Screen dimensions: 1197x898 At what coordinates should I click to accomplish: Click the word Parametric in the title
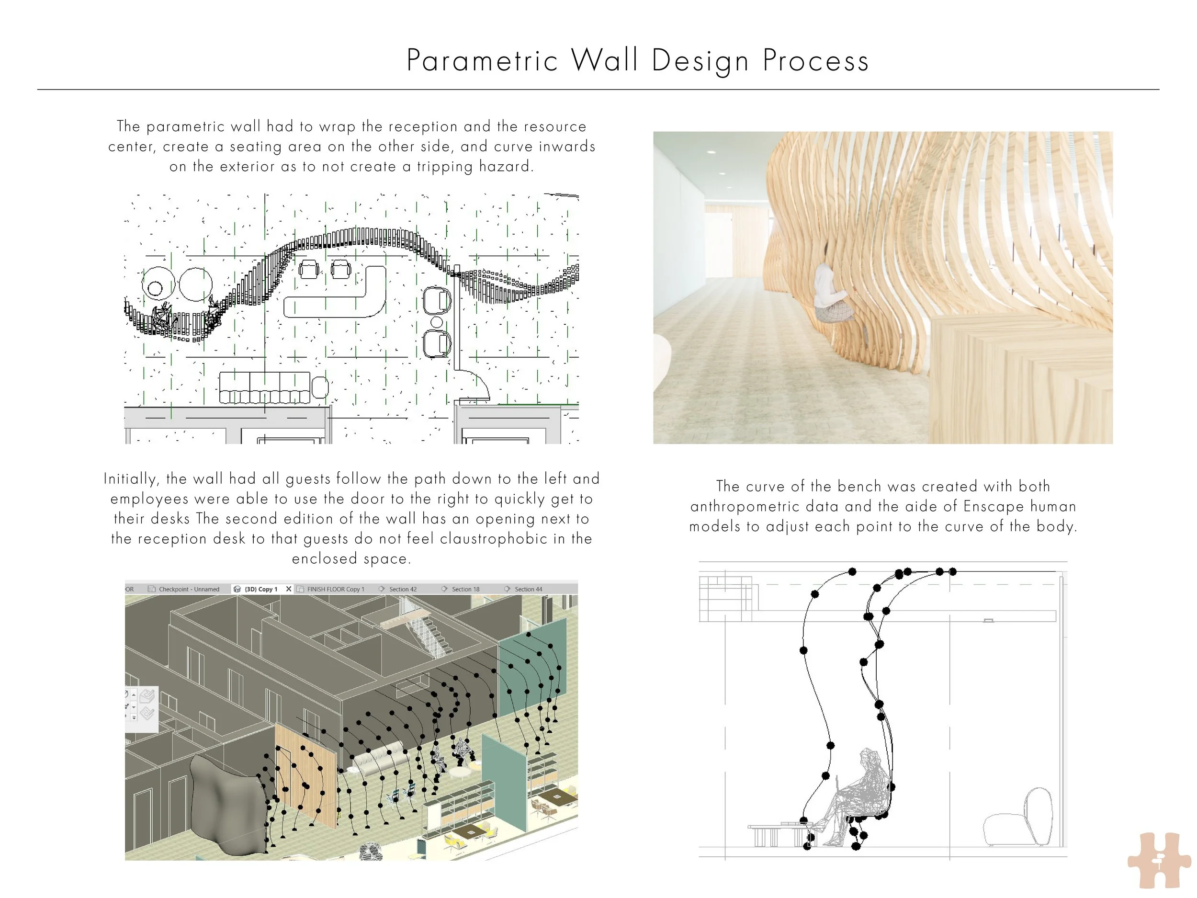click(482, 61)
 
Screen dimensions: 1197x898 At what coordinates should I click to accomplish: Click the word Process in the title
click(815, 61)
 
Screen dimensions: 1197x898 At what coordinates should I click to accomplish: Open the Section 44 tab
click(528, 589)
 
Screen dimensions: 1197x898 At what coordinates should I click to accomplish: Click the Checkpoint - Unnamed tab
click(189, 589)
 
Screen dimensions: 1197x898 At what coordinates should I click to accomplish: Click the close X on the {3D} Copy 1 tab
click(288, 589)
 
